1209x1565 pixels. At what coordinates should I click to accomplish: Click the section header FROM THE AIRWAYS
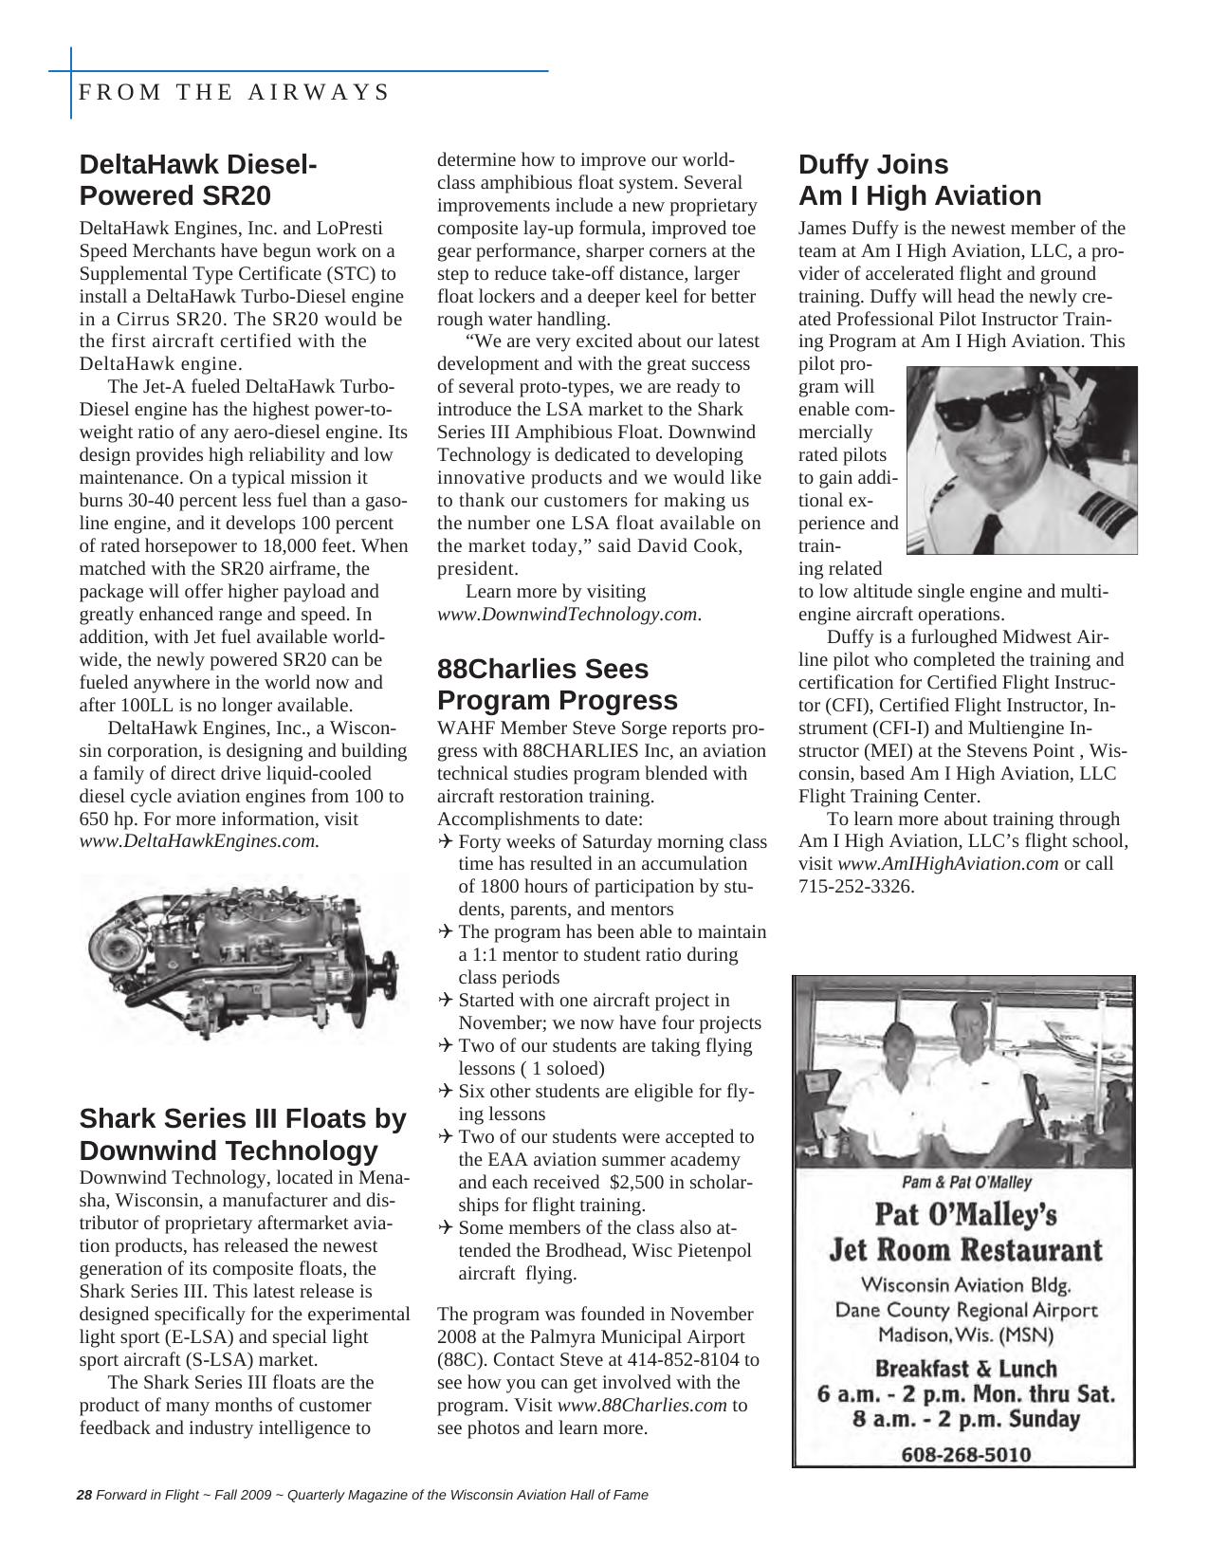click(233, 92)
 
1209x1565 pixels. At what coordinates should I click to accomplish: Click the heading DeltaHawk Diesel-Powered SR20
click(198, 179)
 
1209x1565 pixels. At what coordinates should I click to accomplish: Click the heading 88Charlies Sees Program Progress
click(557, 684)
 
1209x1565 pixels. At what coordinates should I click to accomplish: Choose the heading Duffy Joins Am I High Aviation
click(919, 179)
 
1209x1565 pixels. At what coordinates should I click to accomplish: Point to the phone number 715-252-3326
click(855, 887)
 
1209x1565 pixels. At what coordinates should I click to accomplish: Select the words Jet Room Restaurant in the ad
click(965, 1249)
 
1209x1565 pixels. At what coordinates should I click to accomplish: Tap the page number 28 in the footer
click(83, 1496)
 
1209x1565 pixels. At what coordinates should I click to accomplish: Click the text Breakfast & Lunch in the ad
click(964, 1369)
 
